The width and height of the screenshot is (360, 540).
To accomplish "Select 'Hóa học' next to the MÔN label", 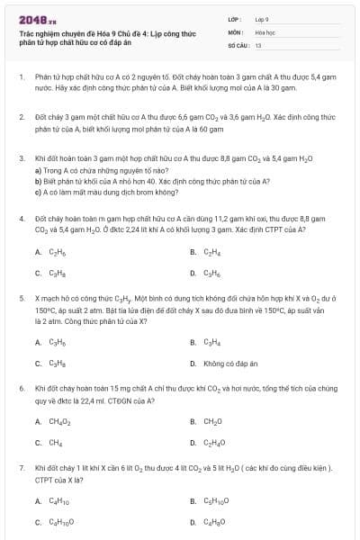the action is [x=264, y=31].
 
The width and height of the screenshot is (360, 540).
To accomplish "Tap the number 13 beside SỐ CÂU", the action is [x=258, y=44].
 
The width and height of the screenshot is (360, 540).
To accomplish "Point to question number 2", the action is [x=21, y=117].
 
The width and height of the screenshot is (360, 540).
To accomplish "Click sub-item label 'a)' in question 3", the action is [x=38, y=170].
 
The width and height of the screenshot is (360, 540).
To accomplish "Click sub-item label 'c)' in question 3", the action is [x=38, y=192].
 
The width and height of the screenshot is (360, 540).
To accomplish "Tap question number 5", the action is [x=21, y=296].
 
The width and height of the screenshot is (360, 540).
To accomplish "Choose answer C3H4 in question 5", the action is [x=212, y=342].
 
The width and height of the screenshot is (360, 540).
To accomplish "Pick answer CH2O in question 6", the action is [x=213, y=421].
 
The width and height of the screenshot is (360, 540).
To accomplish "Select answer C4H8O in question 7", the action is [x=215, y=522].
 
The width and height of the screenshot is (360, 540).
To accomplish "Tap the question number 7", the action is [x=21, y=468].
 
